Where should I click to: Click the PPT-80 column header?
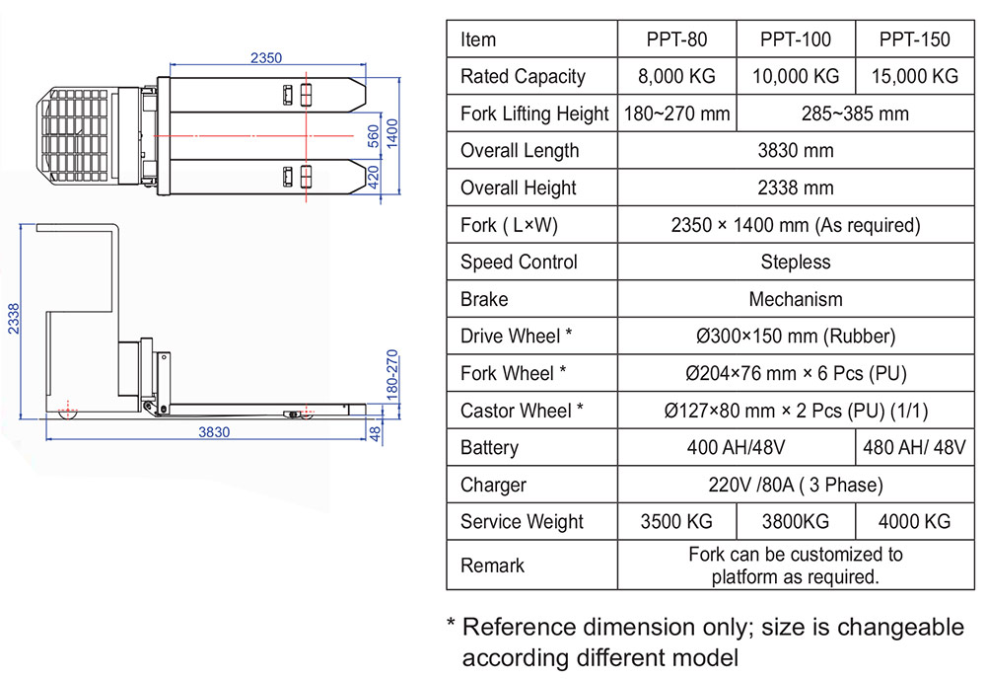676,39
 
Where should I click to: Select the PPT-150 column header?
915,39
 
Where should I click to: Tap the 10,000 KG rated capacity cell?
796,77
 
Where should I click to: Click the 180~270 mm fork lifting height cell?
676,113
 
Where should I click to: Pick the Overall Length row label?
520,151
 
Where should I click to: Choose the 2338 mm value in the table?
796,188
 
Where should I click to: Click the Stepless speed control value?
796,263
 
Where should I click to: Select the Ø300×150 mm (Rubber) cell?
796,337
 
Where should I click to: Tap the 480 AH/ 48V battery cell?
915,448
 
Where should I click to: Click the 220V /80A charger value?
796,485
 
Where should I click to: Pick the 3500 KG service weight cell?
676,522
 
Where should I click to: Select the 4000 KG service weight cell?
915,522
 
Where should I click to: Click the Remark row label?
492,566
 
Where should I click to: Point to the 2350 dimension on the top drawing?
265,58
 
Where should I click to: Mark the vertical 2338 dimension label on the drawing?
11,318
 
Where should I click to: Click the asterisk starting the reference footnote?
452,625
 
